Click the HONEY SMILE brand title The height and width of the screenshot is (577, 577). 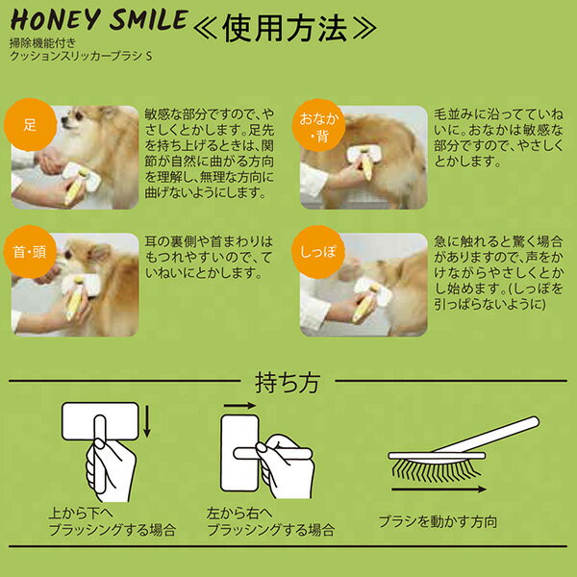(99, 20)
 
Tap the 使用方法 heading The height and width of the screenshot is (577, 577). (285, 28)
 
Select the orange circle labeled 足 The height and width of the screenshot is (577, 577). (30, 124)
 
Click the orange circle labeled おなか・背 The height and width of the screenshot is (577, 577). (318, 125)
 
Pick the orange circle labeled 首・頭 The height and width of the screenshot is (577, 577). (30, 252)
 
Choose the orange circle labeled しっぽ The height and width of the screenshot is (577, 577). (318, 252)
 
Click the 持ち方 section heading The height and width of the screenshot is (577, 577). (288, 383)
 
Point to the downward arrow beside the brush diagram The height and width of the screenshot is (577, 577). (147, 420)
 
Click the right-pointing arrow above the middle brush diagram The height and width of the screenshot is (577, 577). (239, 406)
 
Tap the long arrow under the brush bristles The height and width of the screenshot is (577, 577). (439, 489)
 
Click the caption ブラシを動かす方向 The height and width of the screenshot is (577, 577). (438, 521)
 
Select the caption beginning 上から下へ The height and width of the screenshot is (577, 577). (113, 521)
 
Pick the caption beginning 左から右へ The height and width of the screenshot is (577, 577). (270, 521)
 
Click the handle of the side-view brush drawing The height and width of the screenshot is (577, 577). (487, 435)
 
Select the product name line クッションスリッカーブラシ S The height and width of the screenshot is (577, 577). (81, 56)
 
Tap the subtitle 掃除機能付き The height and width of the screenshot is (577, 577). (42, 42)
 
